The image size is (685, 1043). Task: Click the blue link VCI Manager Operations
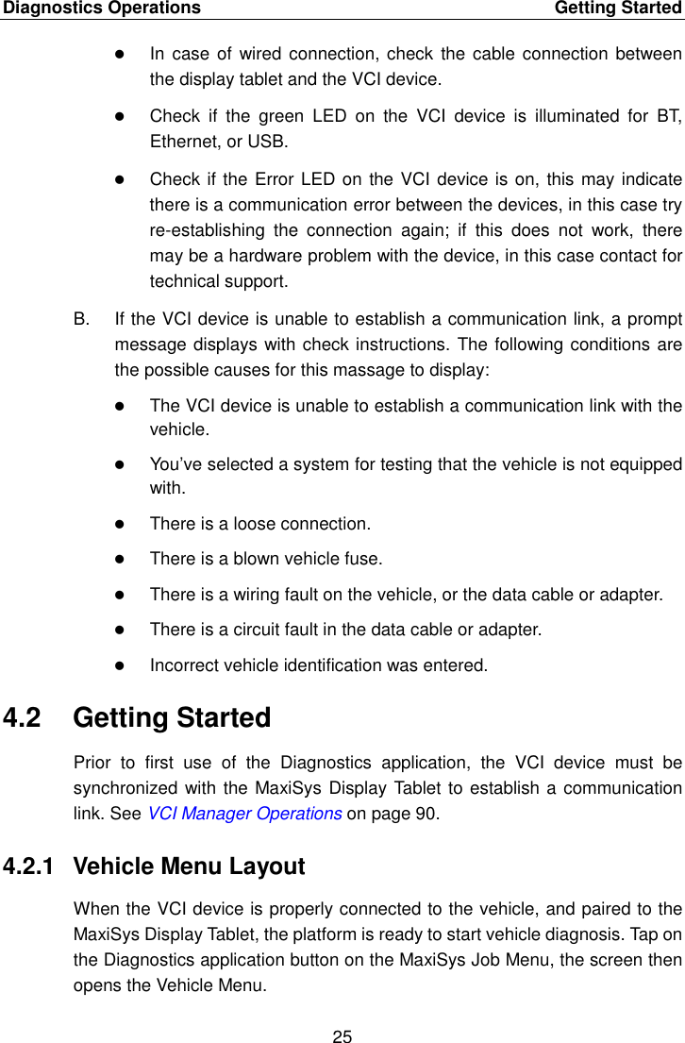(244, 815)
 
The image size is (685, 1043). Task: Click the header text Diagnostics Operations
(101, 8)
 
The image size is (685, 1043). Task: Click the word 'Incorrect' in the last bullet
(182, 665)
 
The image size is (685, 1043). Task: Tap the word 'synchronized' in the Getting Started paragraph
(120, 789)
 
